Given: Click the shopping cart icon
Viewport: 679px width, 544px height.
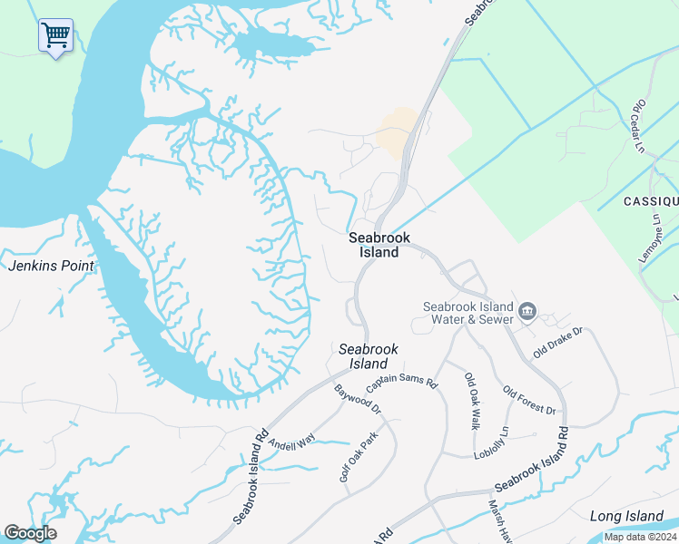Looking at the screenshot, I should tap(55, 36).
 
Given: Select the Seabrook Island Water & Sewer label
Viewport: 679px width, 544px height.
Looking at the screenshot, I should tap(468, 312).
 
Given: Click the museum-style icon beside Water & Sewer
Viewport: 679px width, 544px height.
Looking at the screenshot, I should tap(527, 314).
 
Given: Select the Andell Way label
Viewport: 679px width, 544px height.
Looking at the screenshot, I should tap(290, 440).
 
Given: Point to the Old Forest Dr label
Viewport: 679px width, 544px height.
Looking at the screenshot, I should tap(528, 401).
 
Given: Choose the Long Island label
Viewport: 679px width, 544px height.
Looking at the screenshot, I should tap(626, 516).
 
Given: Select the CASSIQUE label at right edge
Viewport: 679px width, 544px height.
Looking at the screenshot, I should tap(650, 200).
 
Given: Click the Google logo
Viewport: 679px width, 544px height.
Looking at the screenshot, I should tap(30, 533).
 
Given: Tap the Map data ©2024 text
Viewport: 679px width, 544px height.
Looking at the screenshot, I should tap(640, 537).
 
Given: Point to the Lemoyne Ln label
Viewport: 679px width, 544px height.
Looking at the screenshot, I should tap(651, 238).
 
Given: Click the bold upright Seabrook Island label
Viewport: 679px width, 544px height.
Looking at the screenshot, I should tap(374, 245).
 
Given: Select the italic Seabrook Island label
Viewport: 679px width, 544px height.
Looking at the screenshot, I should tap(369, 355).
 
